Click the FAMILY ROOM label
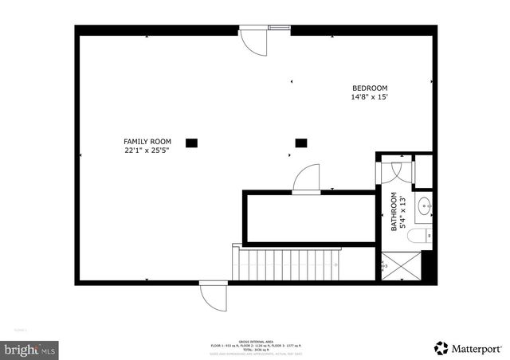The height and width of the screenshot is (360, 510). (x=147, y=141)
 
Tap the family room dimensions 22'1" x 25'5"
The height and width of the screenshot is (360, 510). (x=147, y=150)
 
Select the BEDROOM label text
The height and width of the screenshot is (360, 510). (x=370, y=88)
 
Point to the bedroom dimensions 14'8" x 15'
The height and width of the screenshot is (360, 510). (x=370, y=97)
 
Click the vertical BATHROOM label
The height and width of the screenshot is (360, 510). (x=394, y=212)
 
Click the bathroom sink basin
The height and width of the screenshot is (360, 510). (x=426, y=205)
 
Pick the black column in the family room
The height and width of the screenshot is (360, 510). (x=191, y=143)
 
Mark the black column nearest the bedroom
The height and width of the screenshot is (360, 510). (x=301, y=143)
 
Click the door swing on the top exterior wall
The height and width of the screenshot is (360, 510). (x=253, y=43)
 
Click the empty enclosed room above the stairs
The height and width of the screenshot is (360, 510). (x=308, y=217)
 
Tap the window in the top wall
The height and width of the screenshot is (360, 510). (x=279, y=29)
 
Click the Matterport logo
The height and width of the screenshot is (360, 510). (x=467, y=348)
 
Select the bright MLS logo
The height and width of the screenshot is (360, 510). (x=30, y=348)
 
